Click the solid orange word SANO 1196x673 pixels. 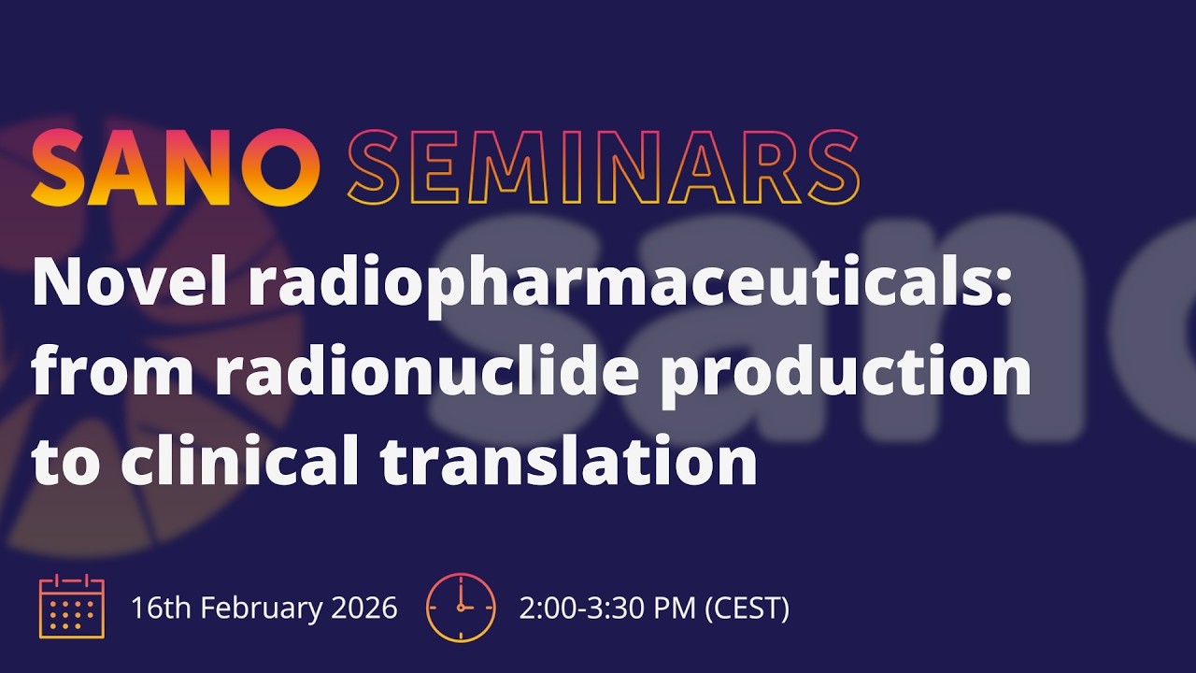[x=177, y=169]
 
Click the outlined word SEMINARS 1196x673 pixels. [x=603, y=169]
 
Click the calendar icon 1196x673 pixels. [x=72, y=608]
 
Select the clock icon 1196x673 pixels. [x=460, y=608]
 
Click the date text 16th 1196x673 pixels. [x=162, y=609]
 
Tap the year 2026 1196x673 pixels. [x=364, y=609]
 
